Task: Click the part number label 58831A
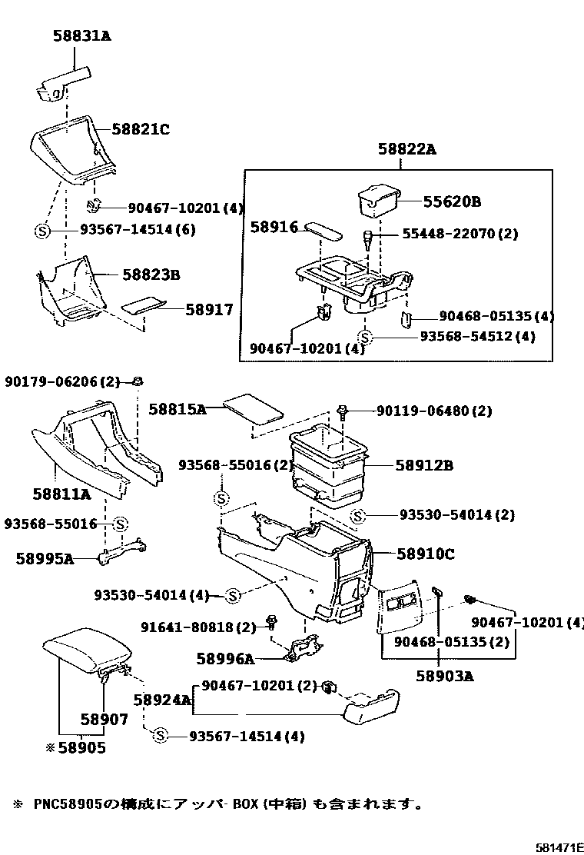(x=81, y=35)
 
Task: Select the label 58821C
(x=141, y=130)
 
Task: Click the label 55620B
(x=452, y=202)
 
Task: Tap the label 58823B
(x=151, y=274)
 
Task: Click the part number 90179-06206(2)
(x=63, y=381)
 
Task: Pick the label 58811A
(x=61, y=494)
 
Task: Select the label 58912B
(x=425, y=465)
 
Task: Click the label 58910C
(x=426, y=553)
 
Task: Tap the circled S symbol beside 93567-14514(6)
(x=43, y=230)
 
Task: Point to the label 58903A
(x=445, y=676)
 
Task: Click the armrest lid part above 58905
(x=85, y=647)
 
